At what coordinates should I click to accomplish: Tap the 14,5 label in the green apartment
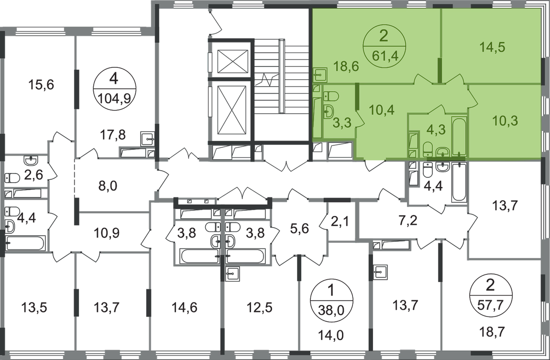click(x=493, y=47)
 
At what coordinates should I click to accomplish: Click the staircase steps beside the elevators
click(x=277, y=86)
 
